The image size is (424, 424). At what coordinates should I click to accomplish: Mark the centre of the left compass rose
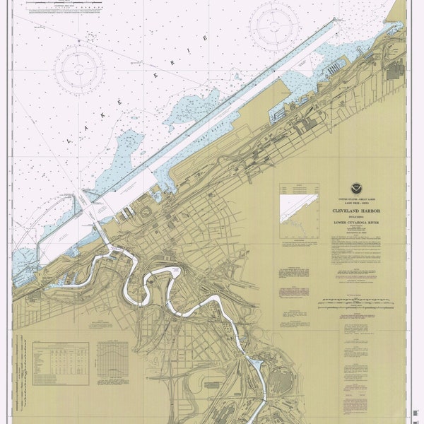pyautogui.click(x=80, y=69)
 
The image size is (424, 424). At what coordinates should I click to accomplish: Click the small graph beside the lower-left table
pyautogui.click(x=113, y=363)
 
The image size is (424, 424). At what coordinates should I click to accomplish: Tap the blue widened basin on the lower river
pyautogui.click(x=255, y=365)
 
